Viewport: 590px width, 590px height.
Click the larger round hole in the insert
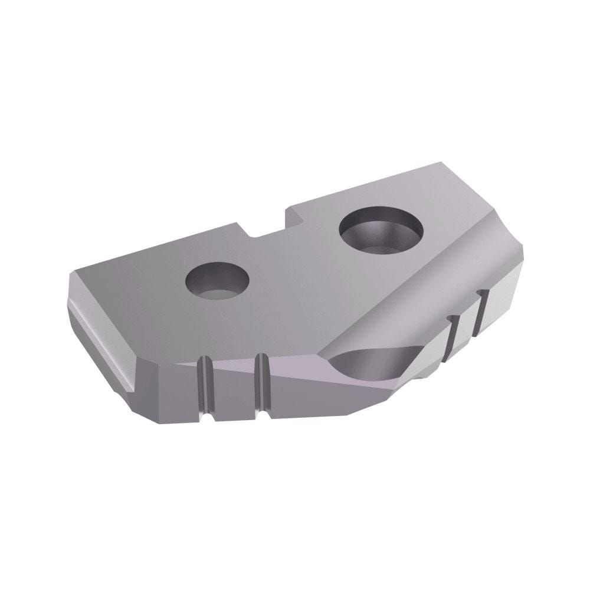coord(382,234)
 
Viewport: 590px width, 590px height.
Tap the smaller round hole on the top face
coord(217,280)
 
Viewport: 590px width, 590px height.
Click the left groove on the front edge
coord(204,386)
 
